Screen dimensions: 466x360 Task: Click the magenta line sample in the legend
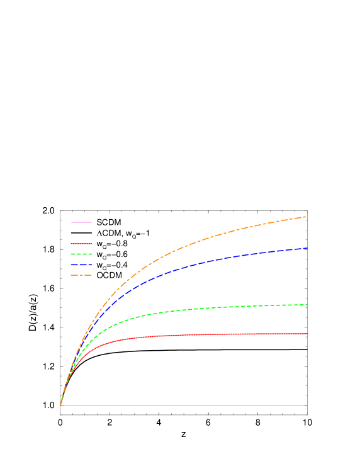(82, 222)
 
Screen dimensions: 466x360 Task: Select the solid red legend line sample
(82, 243)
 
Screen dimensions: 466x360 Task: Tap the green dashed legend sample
(82, 254)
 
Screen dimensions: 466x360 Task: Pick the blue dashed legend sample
(82, 264)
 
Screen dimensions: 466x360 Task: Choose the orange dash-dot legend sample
(82, 275)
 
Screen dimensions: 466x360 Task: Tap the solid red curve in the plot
(189, 334)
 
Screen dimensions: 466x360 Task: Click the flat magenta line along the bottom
(189, 405)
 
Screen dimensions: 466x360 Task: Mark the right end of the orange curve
(306, 217)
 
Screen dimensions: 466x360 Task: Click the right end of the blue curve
(308, 248)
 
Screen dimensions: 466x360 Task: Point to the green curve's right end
(308, 305)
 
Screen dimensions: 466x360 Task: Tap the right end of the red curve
(308, 334)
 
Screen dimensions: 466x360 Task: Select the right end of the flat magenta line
(307, 405)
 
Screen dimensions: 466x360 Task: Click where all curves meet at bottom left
(60, 405)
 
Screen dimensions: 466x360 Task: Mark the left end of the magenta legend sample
(72, 222)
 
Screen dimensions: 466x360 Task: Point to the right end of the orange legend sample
(92, 275)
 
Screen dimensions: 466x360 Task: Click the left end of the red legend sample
(72, 243)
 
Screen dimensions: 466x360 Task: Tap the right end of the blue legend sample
(92, 264)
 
